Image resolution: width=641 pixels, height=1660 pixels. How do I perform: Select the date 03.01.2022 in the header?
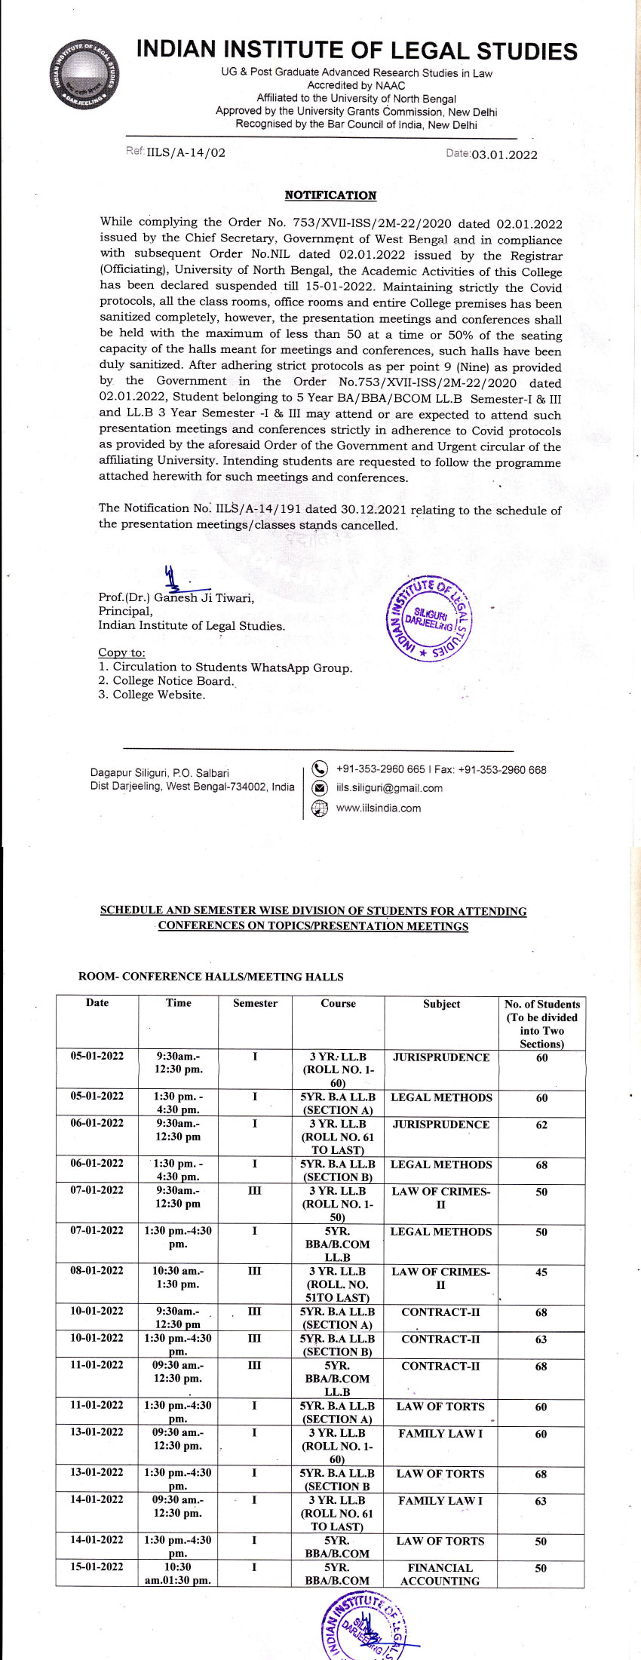click(x=505, y=155)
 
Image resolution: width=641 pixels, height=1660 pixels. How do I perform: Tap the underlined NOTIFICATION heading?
click(x=330, y=195)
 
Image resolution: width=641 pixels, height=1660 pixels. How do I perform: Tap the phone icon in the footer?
click(x=320, y=769)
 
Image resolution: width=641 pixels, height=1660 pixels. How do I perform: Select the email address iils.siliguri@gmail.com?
click(x=389, y=788)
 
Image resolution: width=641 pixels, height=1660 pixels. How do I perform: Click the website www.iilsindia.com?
click(x=379, y=808)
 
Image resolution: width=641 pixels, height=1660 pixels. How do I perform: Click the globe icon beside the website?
click(x=320, y=809)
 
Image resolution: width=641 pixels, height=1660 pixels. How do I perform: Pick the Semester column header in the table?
click(x=255, y=1003)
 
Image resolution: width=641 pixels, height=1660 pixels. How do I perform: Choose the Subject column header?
click(x=441, y=1004)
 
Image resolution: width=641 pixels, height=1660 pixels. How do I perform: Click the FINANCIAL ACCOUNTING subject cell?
click(x=440, y=1574)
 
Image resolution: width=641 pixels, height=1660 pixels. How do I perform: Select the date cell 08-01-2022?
click(x=97, y=1271)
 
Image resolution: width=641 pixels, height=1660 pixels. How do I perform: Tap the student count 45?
click(x=541, y=1272)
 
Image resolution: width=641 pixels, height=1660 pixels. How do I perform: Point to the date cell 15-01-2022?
click(x=97, y=1567)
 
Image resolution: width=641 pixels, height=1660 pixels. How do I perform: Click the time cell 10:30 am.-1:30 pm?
click(x=178, y=1278)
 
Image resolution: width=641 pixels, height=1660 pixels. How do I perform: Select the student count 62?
click(x=541, y=1125)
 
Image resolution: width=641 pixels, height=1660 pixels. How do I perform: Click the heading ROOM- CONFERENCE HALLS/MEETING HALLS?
click(x=211, y=977)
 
